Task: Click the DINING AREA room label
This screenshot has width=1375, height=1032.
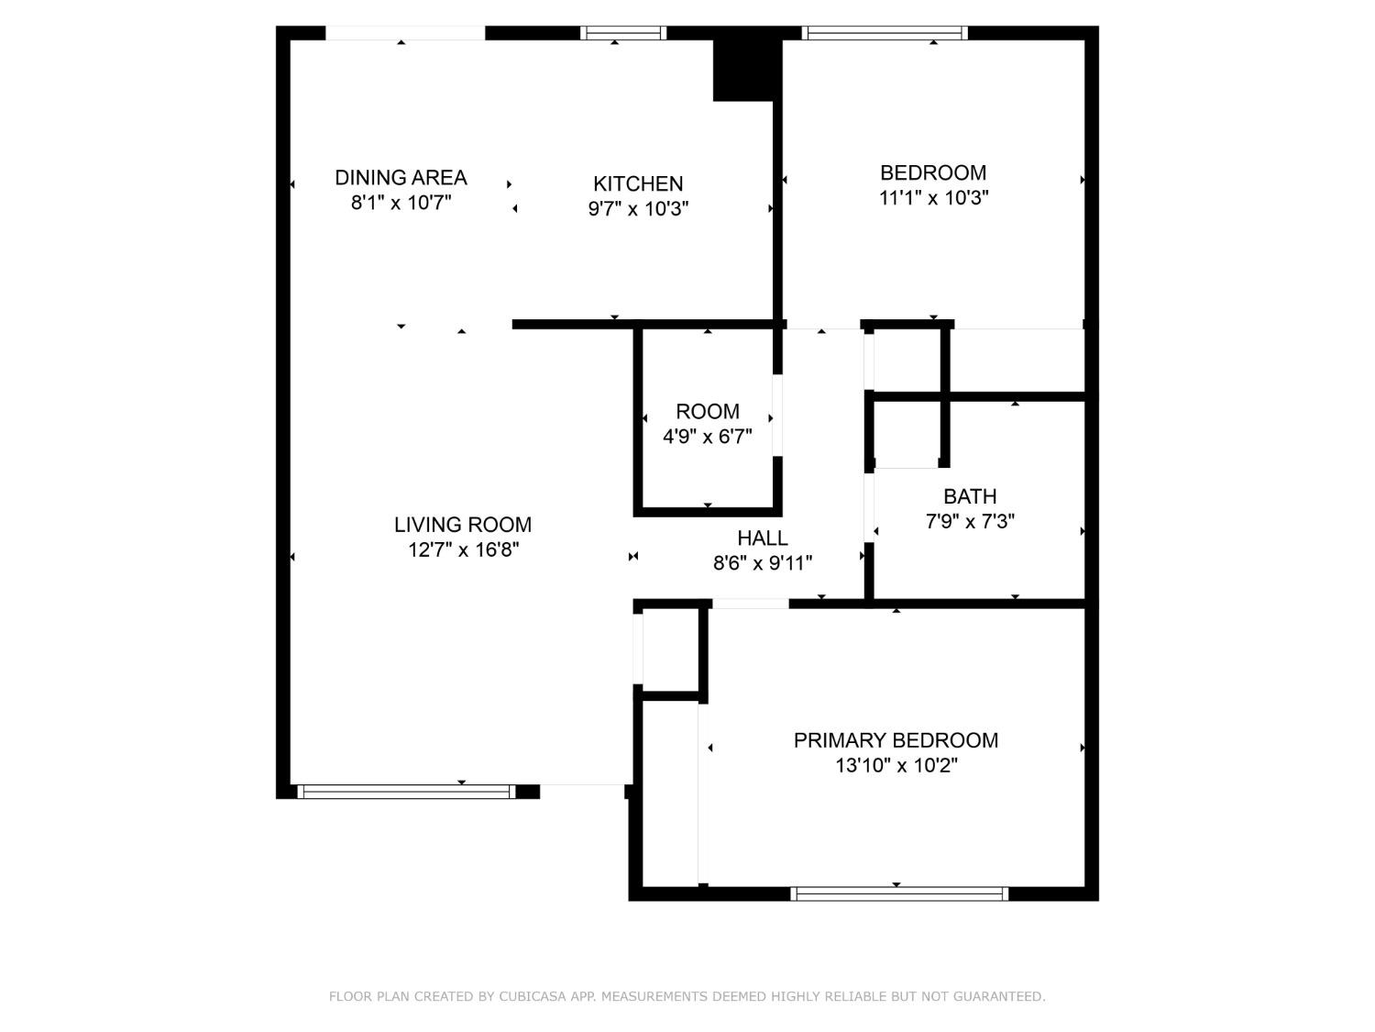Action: pyautogui.click(x=401, y=177)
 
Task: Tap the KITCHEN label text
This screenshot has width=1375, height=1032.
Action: pyautogui.click(x=638, y=183)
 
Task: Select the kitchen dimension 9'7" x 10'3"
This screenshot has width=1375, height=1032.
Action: pyautogui.click(x=638, y=208)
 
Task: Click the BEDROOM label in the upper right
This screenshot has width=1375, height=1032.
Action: pyautogui.click(x=933, y=172)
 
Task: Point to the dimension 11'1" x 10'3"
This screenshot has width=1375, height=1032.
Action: pyautogui.click(x=933, y=197)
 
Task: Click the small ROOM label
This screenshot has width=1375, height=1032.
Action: pyautogui.click(x=707, y=411)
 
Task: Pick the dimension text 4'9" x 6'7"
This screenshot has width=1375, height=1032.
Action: pyautogui.click(x=707, y=437)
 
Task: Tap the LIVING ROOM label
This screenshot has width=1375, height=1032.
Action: pyautogui.click(x=463, y=525)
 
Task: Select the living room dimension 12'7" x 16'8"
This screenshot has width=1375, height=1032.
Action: pyautogui.click(x=463, y=549)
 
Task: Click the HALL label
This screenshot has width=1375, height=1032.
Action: pyautogui.click(x=763, y=538)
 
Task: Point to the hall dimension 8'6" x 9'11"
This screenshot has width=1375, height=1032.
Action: pyautogui.click(x=763, y=562)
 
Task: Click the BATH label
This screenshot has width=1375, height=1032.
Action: pyautogui.click(x=970, y=496)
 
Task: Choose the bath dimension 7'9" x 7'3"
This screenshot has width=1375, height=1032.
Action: pyautogui.click(x=970, y=521)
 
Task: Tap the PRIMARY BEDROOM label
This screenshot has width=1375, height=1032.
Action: pyautogui.click(x=896, y=740)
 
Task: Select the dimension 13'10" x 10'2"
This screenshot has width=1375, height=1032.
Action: pyautogui.click(x=896, y=765)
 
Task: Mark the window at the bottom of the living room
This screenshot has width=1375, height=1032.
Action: pyautogui.click(x=406, y=792)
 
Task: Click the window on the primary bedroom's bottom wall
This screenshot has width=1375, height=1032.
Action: pyautogui.click(x=899, y=893)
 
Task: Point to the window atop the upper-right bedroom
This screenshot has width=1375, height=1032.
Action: pyautogui.click(x=885, y=33)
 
